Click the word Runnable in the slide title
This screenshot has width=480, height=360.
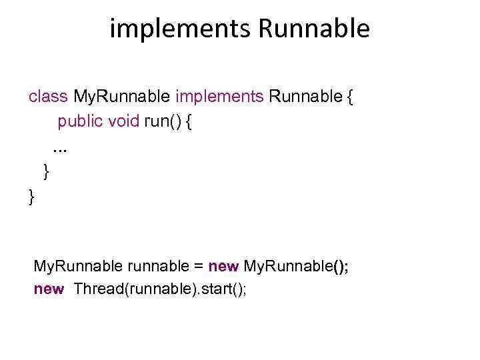pyautogui.click(x=313, y=29)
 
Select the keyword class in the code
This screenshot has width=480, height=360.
pyautogui.click(x=48, y=97)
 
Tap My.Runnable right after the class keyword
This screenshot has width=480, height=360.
pyautogui.click(x=121, y=97)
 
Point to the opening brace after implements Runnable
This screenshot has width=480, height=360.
pyautogui.click(x=351, y=97)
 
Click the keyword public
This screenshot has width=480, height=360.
pyautogui.click(x=80, y=121)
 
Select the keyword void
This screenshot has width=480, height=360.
pyautogui.click(x=124, y=121)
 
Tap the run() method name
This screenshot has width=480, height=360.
pyautogui.click(x=163, y=121)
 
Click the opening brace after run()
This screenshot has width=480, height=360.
pyautogui.click(x=190, y=122)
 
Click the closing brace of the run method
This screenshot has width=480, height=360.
pyautogui.click(x=46, y=172)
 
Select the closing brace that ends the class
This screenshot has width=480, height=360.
pyautogui.click(x=31, y=197)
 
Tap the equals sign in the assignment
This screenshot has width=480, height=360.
pyautogui.click(x=198, y=267)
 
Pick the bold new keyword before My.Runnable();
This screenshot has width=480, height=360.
pyautogui.click(x=223, y=267)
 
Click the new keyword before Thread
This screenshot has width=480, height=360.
pyautogui.click(x=49, y=289)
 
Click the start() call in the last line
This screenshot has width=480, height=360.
pyautogui.click(x=223, y=289)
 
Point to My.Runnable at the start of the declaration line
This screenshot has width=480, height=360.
pyautogui.click(x=77, y=267)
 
